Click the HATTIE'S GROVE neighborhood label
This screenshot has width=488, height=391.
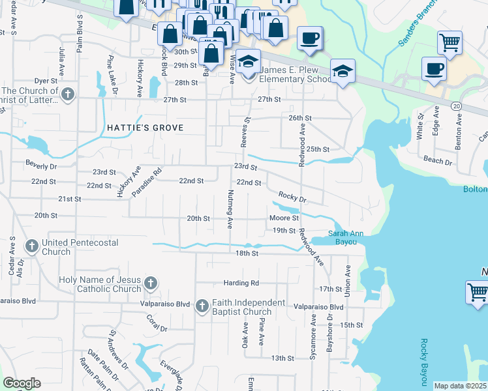145,128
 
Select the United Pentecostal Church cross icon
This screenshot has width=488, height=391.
31,246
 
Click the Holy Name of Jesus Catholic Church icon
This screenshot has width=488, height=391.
151,283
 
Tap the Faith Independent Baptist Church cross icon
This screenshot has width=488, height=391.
202,306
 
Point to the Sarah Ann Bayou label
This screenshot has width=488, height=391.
345,238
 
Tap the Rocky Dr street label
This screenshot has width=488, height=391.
292,196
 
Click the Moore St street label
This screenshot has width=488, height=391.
284,218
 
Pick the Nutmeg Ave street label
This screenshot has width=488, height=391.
230,209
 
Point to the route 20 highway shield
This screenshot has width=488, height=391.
456,106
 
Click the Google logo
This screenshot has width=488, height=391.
22,383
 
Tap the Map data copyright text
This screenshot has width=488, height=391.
460,386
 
